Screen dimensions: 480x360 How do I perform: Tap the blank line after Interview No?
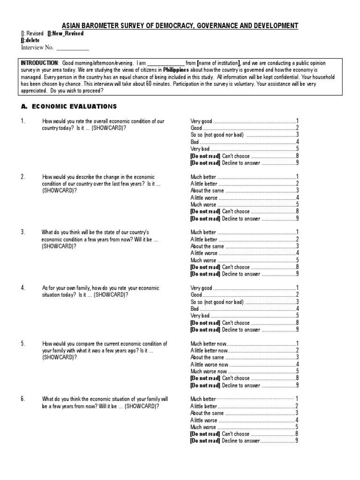(72, 48)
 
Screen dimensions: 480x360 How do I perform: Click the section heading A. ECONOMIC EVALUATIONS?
(68, 106)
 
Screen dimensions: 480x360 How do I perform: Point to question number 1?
(22, 121)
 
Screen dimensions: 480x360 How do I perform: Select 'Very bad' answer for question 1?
(200, 149)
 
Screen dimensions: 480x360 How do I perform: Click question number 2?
(22, 177)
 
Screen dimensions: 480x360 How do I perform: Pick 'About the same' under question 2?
(207, 191)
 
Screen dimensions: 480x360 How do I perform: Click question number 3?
(22, 232)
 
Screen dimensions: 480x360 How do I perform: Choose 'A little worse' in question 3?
(204, 253)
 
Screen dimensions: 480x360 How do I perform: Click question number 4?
(22, 288)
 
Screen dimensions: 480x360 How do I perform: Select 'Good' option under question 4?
(196, 295)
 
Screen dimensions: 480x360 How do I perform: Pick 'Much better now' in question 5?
(209, 344)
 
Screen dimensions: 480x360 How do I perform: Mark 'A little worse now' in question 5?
(210, 365)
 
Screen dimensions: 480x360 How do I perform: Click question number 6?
(22, 399)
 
